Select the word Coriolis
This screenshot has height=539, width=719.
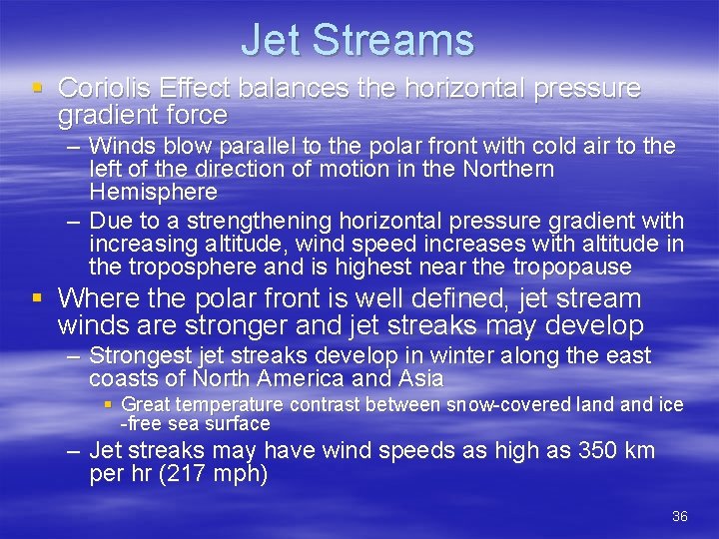click(101, 88)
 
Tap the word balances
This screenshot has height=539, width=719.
click(287, 88)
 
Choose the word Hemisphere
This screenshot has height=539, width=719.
click(153, 191)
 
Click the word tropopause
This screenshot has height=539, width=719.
click(573, 267)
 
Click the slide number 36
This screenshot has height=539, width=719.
click(680, 516)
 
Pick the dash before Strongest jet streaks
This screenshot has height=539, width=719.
click(75, 355)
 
